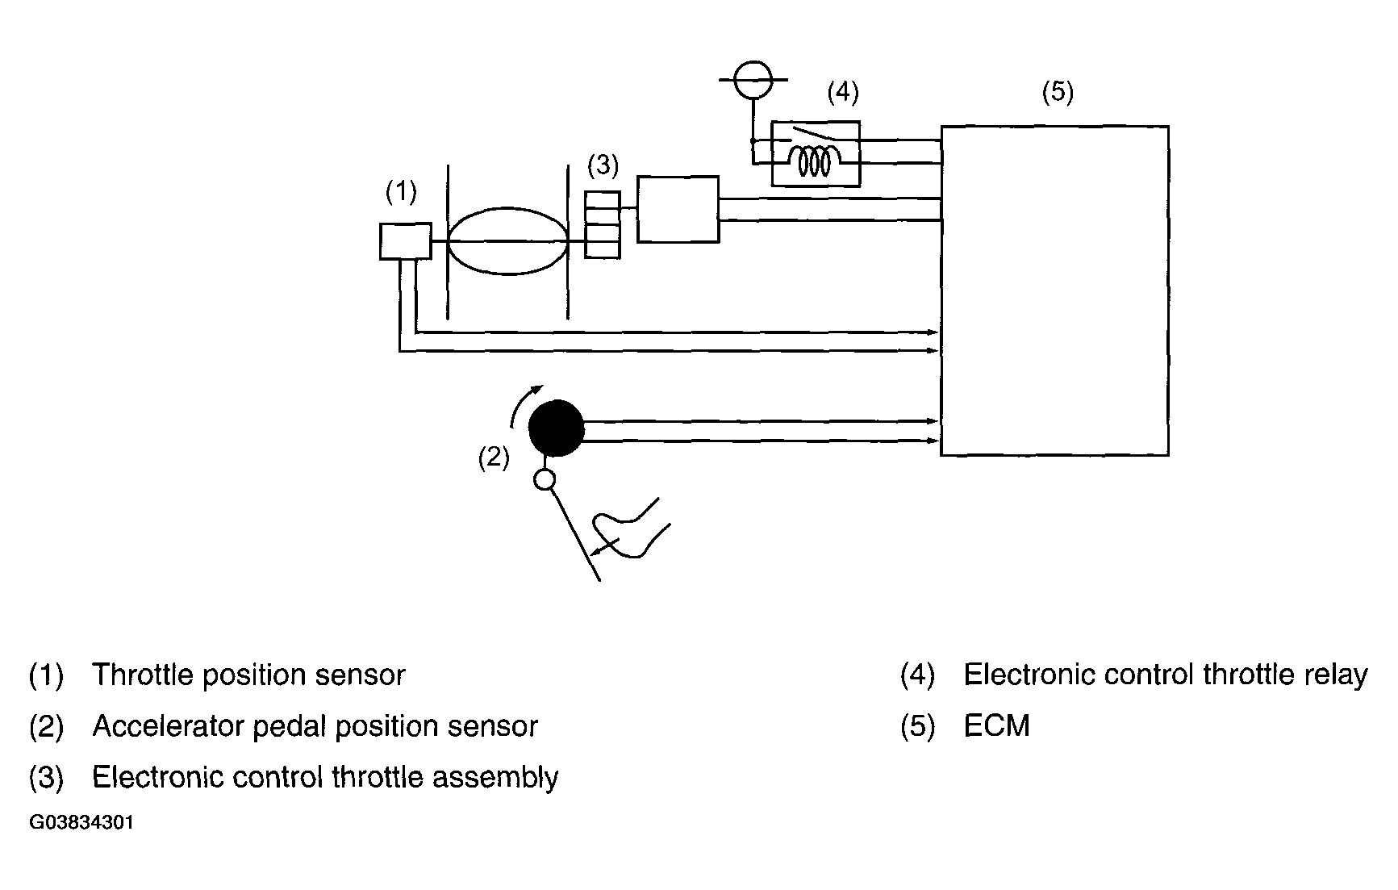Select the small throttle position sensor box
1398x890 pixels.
click(406, 241)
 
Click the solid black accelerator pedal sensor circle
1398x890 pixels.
click(557, 428)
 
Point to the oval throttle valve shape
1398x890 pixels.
click(507, 241)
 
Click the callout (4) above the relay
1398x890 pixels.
click(843, 92)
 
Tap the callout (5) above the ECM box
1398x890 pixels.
click(1058, 92)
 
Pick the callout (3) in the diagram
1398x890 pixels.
click(603, 165)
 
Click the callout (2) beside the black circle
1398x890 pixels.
click(494, 458)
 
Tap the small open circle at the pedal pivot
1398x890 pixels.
click(545, 480)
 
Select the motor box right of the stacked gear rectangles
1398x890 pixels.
click(678, 209)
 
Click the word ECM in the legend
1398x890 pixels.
click(997, 726)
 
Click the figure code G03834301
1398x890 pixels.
click(81, 823)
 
